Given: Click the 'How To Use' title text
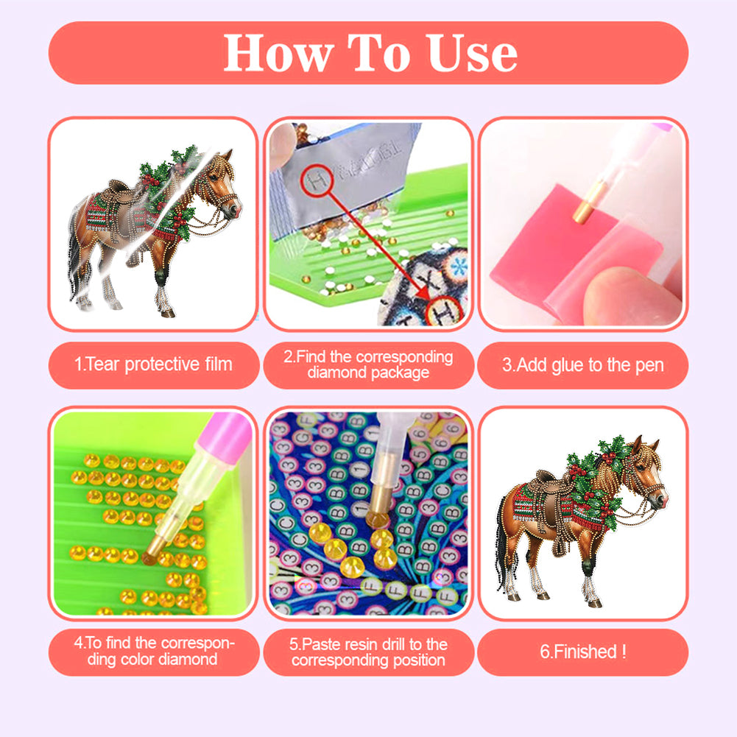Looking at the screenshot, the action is [370, 53].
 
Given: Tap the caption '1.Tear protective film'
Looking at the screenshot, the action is [153, 364].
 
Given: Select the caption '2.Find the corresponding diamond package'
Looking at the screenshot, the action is [368, 364].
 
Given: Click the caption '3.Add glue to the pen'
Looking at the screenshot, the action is [583, 364].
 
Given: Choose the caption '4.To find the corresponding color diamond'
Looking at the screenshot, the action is [154, 651].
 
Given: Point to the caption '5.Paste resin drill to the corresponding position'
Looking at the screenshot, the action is [368, 652].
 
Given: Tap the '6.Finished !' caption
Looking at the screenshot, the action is [583, 652].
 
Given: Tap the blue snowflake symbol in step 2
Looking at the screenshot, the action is [456, 267].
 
